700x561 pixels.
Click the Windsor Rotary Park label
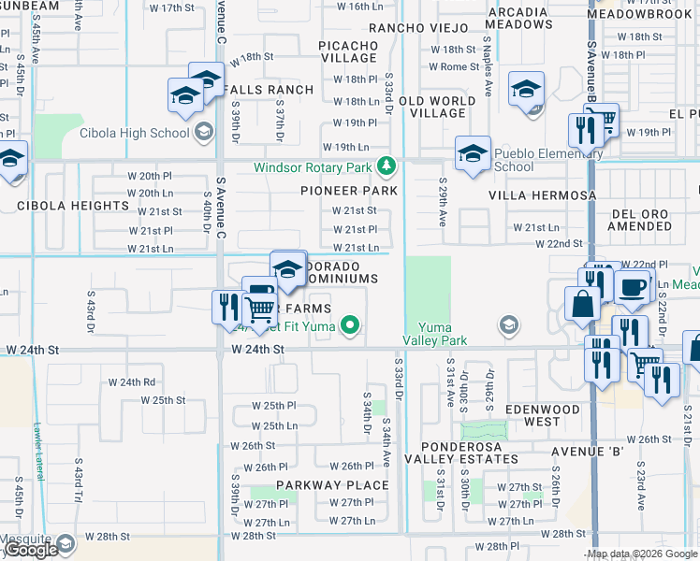click(x=314, y=168)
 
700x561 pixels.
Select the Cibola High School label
click(x=135, y=133)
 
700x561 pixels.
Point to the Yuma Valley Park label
click(x=434, y=334)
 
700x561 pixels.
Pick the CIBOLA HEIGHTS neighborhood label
click(x=71, y=205)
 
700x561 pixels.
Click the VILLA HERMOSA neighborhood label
click(x=542, y=195)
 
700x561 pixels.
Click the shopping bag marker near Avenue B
click(x=582, y=304)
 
